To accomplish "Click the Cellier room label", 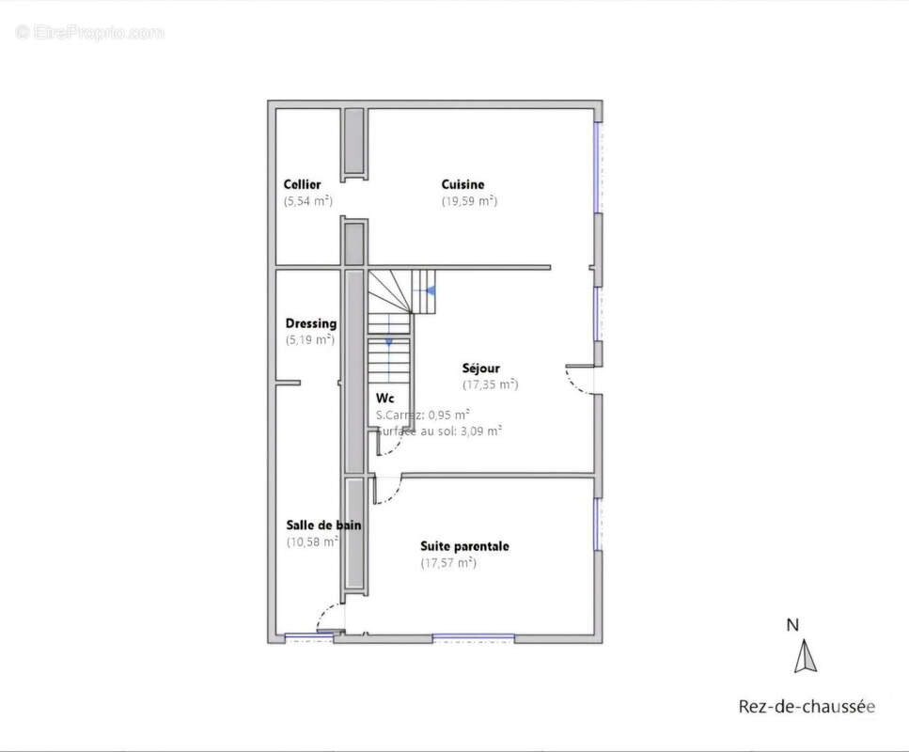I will (302, 184).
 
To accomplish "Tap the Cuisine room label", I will (462, 184).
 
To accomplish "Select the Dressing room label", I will (310, 323).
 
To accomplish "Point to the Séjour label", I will (480, 368).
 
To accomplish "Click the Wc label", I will (384, 398).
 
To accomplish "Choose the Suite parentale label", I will (464, 545).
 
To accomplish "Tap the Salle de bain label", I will (323, 525).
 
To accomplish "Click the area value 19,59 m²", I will (469, 200).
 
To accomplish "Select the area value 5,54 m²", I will (308, 200).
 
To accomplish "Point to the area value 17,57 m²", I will (448, 562).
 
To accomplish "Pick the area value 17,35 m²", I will (490, 384).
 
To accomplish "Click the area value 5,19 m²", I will (309, 339).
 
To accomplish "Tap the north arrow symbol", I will (805, 656).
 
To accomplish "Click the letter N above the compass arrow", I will (792, 624).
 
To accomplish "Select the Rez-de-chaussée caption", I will (806, 707).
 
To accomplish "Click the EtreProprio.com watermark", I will (90, 32).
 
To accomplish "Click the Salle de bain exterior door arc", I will (328, 618).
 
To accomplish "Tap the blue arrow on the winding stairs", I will (429, 290).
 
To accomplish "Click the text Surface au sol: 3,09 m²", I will (438, 431).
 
